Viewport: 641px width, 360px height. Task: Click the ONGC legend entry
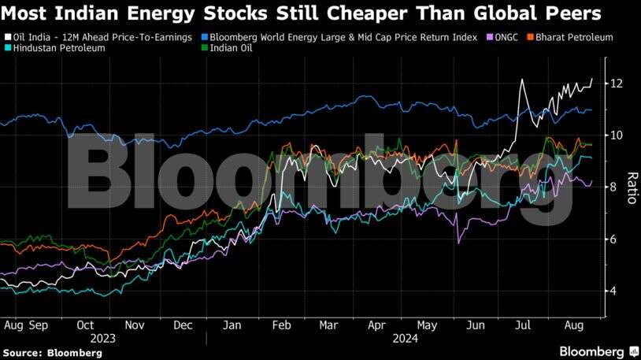tap(503, 37)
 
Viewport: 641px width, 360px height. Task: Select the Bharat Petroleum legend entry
tap(574, 37)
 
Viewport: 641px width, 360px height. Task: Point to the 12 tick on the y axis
tap(618, 84)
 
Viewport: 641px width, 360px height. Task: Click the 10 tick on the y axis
tap(618, 135)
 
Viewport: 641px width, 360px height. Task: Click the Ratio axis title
tap(631, 187)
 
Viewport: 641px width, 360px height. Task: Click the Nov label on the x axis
tap(135, 325)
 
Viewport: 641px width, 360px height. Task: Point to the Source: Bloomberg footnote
tap(52, 353)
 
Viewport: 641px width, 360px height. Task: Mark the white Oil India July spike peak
tap(522, 80)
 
